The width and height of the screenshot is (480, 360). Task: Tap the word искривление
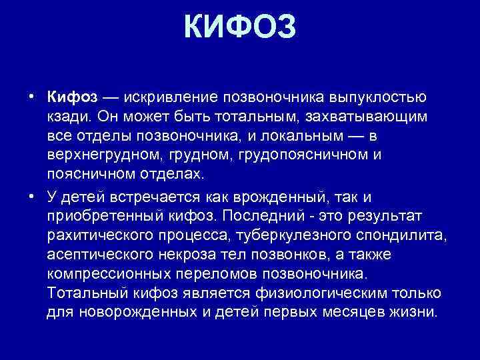pos(159,97)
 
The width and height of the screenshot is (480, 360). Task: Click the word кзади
pos(69,117)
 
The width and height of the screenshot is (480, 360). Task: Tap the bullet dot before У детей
pos(32,195)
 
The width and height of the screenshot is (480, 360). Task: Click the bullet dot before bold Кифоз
pos(32,97)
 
